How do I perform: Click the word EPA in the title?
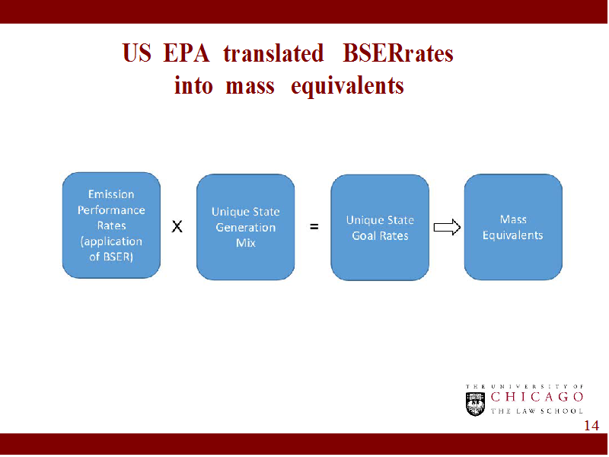pyautogui.click(x=187, y=53)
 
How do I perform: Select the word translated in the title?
pyautogui.click(x=273, y=53)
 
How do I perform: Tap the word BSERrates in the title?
pyautogui.click(x=398, y=53)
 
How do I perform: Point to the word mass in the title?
pyautogui.click(x=250, y=86)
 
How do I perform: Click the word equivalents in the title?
pyautogui.click(x=347, y=86)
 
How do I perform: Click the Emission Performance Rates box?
pyautogui.click(x=111, y=225)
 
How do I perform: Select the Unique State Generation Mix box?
pyautogui.click(x=245, y=227)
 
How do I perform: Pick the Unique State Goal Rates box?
pyautogui.click(x=380, y=227)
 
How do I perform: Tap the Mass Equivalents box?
pyautogui.click(x=513, y=227)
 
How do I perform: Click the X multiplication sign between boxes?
pyautogui.click(x=177, y=226)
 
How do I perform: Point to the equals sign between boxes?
pyautogui.click(x=314, y=226)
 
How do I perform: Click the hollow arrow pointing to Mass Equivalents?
pyautogui.click(x=447, y=227)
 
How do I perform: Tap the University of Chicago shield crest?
pyautogui.click(x=475, y=404)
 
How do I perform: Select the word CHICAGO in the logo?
pyautogui.click(x=537, y=397)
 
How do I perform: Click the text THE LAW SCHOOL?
pyautogui.click(x=537, y=411)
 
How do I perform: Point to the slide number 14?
pyautogui.click(x=591, y=426)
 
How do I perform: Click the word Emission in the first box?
pyautogui.click(x=111, y=194)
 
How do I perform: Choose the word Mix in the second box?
pyautogui.click(x=245, y=243)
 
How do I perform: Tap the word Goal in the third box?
pyautogui.click(x=364, y=235)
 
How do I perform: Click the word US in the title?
pyautogui.click(x=136, y=53)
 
